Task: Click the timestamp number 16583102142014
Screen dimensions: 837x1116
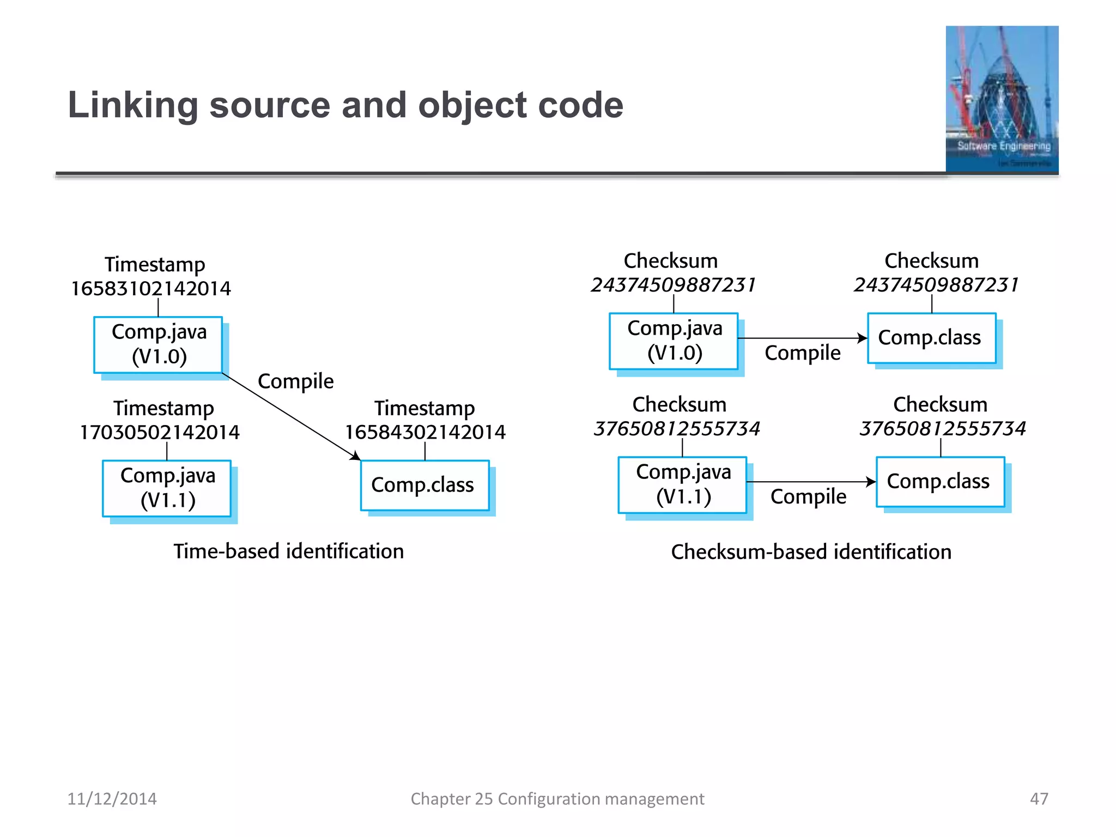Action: (151, 288)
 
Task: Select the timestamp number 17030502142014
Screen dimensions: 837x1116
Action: (160, 432)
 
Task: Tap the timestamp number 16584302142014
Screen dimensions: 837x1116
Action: (425, 432)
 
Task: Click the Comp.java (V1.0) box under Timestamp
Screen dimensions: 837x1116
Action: (158, 344)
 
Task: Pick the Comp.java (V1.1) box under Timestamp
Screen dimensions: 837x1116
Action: (167, 488)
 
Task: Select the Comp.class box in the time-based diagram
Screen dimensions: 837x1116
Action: (424, 485)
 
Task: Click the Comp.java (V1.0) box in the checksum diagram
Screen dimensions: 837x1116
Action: (674, 341)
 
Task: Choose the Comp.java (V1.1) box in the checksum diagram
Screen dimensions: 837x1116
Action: (682, 484)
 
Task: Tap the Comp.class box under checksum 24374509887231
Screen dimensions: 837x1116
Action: (931, 338)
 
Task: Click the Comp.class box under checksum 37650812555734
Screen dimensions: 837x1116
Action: (940, 482)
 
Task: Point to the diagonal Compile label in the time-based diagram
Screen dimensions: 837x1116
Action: (295, 381)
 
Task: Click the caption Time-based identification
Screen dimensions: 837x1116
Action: (289, 551)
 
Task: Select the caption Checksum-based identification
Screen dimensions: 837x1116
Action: (811, 552)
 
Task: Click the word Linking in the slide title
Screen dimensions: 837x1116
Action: (133, 105)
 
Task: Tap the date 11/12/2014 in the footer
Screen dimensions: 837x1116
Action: (112, 799)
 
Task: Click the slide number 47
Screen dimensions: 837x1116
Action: (1039, 799)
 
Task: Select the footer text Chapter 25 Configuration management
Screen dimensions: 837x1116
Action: (557, 799)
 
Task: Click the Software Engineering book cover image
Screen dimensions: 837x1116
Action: (1002, 99)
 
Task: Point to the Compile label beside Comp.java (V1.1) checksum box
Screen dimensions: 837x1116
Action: (808, 496)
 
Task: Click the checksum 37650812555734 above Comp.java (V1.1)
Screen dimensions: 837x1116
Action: (676, 429)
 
